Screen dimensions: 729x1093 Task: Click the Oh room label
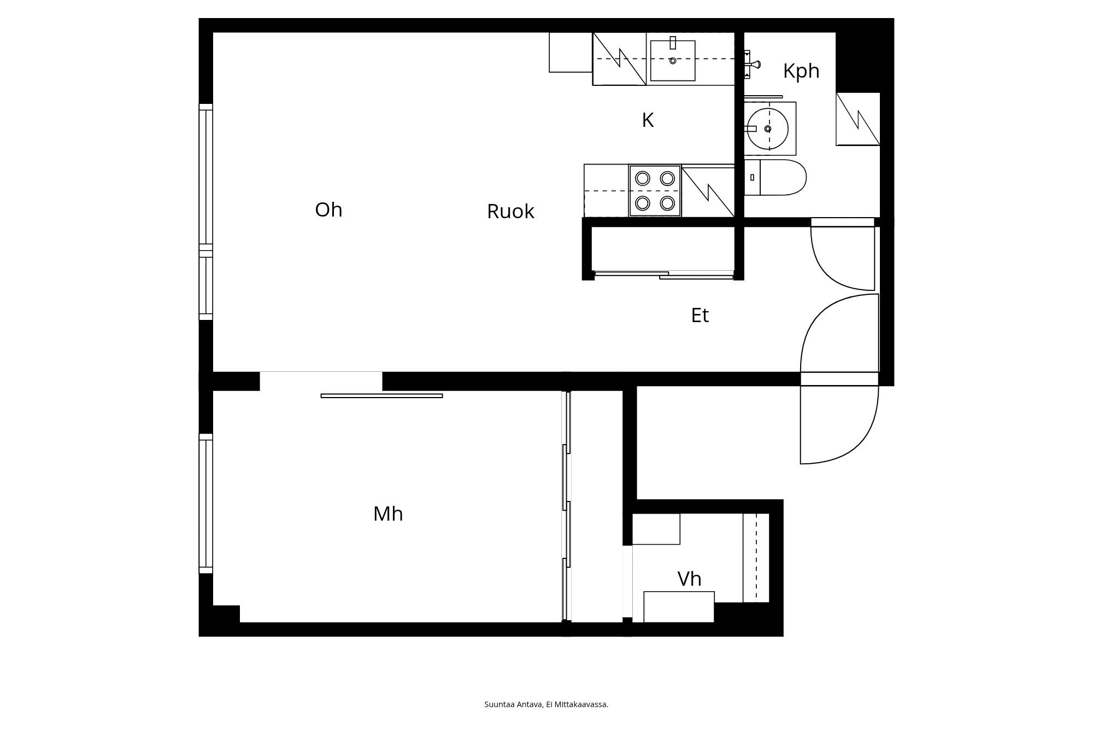(x=328, y=210)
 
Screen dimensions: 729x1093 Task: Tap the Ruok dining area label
(x=510, y=212)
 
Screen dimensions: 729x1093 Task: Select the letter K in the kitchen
(x=648, y=120)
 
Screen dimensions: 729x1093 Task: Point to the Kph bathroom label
(x=801, y=71)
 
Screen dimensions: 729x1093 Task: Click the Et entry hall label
(x=700, y=316)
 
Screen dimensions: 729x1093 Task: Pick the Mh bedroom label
(x=388, y=514)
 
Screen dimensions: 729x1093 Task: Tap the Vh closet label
(x=689, y=579)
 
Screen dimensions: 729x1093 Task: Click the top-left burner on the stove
(x=643, y=178)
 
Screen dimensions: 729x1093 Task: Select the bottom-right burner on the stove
(x=667, y=203)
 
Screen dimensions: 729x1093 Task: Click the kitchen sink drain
(x=673, y=61)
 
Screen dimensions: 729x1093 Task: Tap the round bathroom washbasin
(x=768, y=129)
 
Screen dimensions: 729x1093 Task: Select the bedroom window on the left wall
(x=205, y=503)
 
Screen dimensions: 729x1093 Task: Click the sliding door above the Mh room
(x=381, y=395)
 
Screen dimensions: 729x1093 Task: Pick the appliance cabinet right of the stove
(x=708, y=191)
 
